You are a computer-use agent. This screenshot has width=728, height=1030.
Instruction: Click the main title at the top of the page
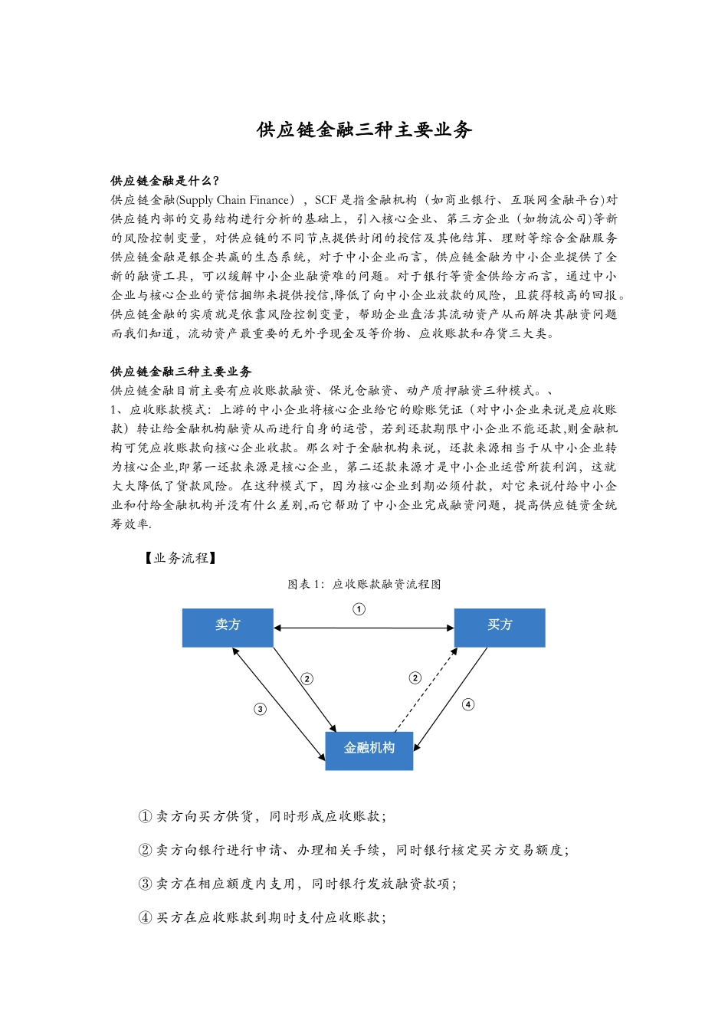(x=364, y=130)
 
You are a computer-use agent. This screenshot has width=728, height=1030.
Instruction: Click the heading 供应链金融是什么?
(x=165, y=181)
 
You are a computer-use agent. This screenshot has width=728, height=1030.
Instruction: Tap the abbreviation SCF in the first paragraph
(x=326, y=200)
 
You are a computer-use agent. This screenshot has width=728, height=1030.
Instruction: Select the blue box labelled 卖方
(x=228, y=627)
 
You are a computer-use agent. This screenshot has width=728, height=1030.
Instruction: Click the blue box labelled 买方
(x=500, y=627)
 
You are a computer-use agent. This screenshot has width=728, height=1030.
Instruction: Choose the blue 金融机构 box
(x=369, y=750)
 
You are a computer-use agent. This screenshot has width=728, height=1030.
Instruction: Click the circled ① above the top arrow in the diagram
(x=359, y=609)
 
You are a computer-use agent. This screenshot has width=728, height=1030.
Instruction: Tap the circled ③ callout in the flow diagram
(x=260, y=709)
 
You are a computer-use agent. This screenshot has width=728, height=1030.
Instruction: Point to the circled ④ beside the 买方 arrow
(x=468, y=704)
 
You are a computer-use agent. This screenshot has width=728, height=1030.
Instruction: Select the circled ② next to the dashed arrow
(x=415, y=677)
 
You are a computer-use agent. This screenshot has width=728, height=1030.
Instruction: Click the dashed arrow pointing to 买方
(x=426, y=690)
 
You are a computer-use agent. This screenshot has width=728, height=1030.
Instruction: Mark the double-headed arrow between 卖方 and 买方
(x=363, y=628)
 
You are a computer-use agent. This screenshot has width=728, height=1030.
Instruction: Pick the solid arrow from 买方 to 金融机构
(x=451, y=698)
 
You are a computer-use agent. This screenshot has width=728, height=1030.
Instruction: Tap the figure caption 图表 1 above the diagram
(x=364, y=584)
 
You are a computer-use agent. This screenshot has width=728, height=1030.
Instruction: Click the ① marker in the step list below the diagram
(x=145, y=816)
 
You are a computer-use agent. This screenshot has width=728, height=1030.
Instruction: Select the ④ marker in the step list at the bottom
(x=145, y=917)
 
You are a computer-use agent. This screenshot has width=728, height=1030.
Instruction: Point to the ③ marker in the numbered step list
(x=145, y=884)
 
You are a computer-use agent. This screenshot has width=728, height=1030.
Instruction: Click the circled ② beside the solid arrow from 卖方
(x=307, y=678)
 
